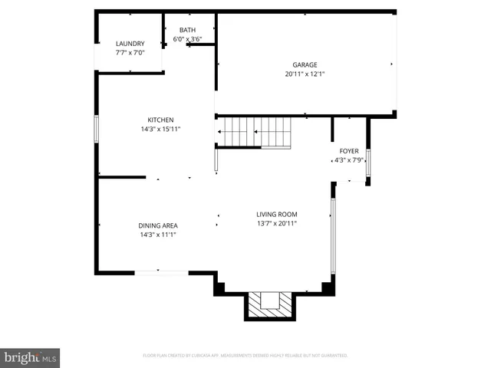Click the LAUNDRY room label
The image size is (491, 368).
[x=130, y=44]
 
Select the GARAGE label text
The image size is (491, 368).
[x=305, y=65]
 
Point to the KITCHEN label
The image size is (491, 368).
[x=161, y=120]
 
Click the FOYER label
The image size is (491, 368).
[x=349, y=151]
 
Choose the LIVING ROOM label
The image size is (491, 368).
[x=277, y=214]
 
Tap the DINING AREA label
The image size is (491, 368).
[x=158, y=225]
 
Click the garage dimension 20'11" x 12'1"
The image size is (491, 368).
[x=305, y=75]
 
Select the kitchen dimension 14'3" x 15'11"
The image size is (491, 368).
[x=161, y=130]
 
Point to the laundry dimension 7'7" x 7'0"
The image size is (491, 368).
[x=130, y=54]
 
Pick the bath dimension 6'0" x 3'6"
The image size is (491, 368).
[x=187, y=38]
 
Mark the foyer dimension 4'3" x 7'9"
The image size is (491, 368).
[x=349, y=161]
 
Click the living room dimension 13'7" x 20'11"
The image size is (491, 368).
[x=277, y=224]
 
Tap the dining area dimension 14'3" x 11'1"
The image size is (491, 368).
[x=158, y=235]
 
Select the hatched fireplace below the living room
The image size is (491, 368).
[x=269, y=305]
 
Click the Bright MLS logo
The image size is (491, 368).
[x=31, y=357]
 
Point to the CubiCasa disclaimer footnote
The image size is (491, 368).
[x=245, y=356]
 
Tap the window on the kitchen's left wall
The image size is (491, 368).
[x=96, y=128]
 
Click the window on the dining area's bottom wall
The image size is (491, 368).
[x=161, y=272]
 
